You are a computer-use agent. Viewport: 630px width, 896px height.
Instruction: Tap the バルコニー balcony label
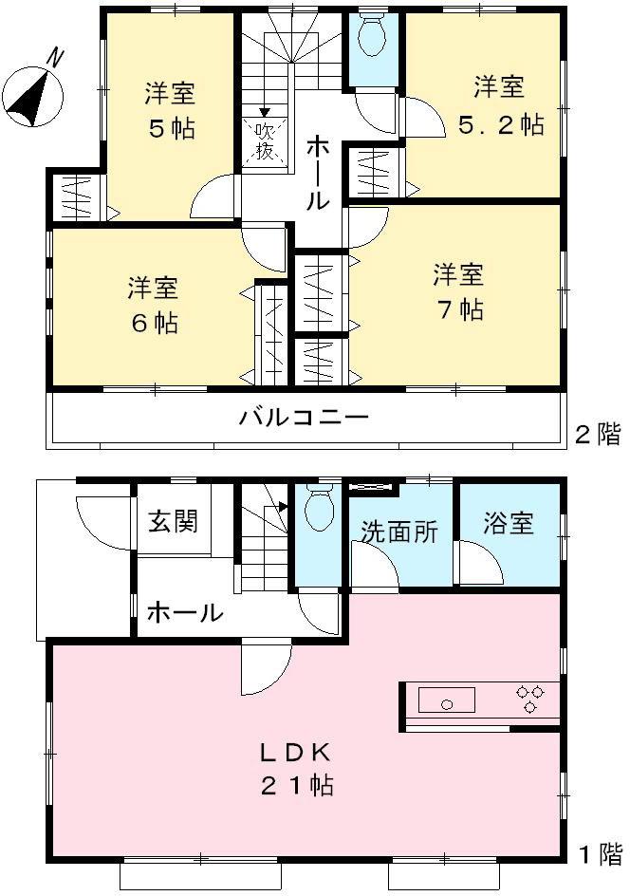303,417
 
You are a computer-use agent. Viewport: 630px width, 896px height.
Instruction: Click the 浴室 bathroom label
509,523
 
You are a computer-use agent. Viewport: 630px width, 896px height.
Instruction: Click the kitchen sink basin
445,703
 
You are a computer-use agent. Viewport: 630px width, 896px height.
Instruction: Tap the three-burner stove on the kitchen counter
528,699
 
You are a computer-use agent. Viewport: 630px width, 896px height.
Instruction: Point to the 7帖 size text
459,309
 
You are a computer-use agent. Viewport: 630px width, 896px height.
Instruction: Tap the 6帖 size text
154,323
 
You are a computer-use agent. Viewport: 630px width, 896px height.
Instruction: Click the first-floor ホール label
184,613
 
